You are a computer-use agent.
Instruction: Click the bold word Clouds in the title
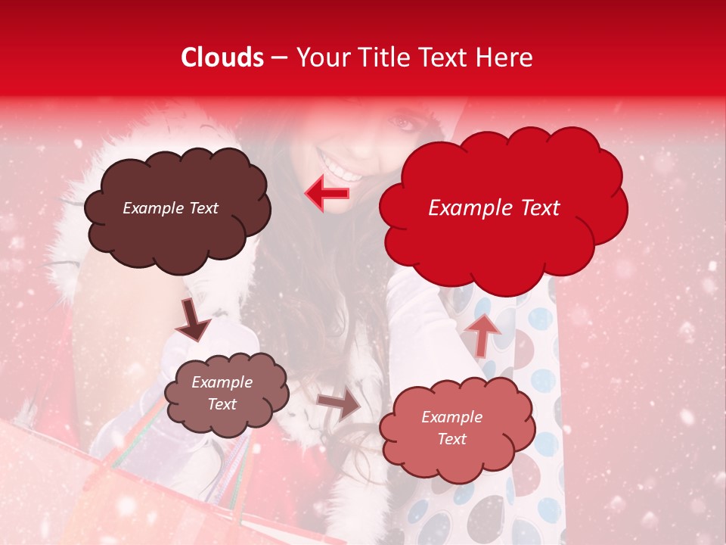click(222, 58)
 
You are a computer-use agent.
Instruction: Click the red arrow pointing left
click(327, 193)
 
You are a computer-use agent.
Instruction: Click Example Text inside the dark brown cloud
click(170, 208)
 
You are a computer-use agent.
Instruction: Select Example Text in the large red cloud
click(494, 208)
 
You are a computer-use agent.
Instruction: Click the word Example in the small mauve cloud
click(222, 382)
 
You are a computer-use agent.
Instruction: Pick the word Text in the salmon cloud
click(451, 439)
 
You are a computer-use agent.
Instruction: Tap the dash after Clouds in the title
click(279, 58)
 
